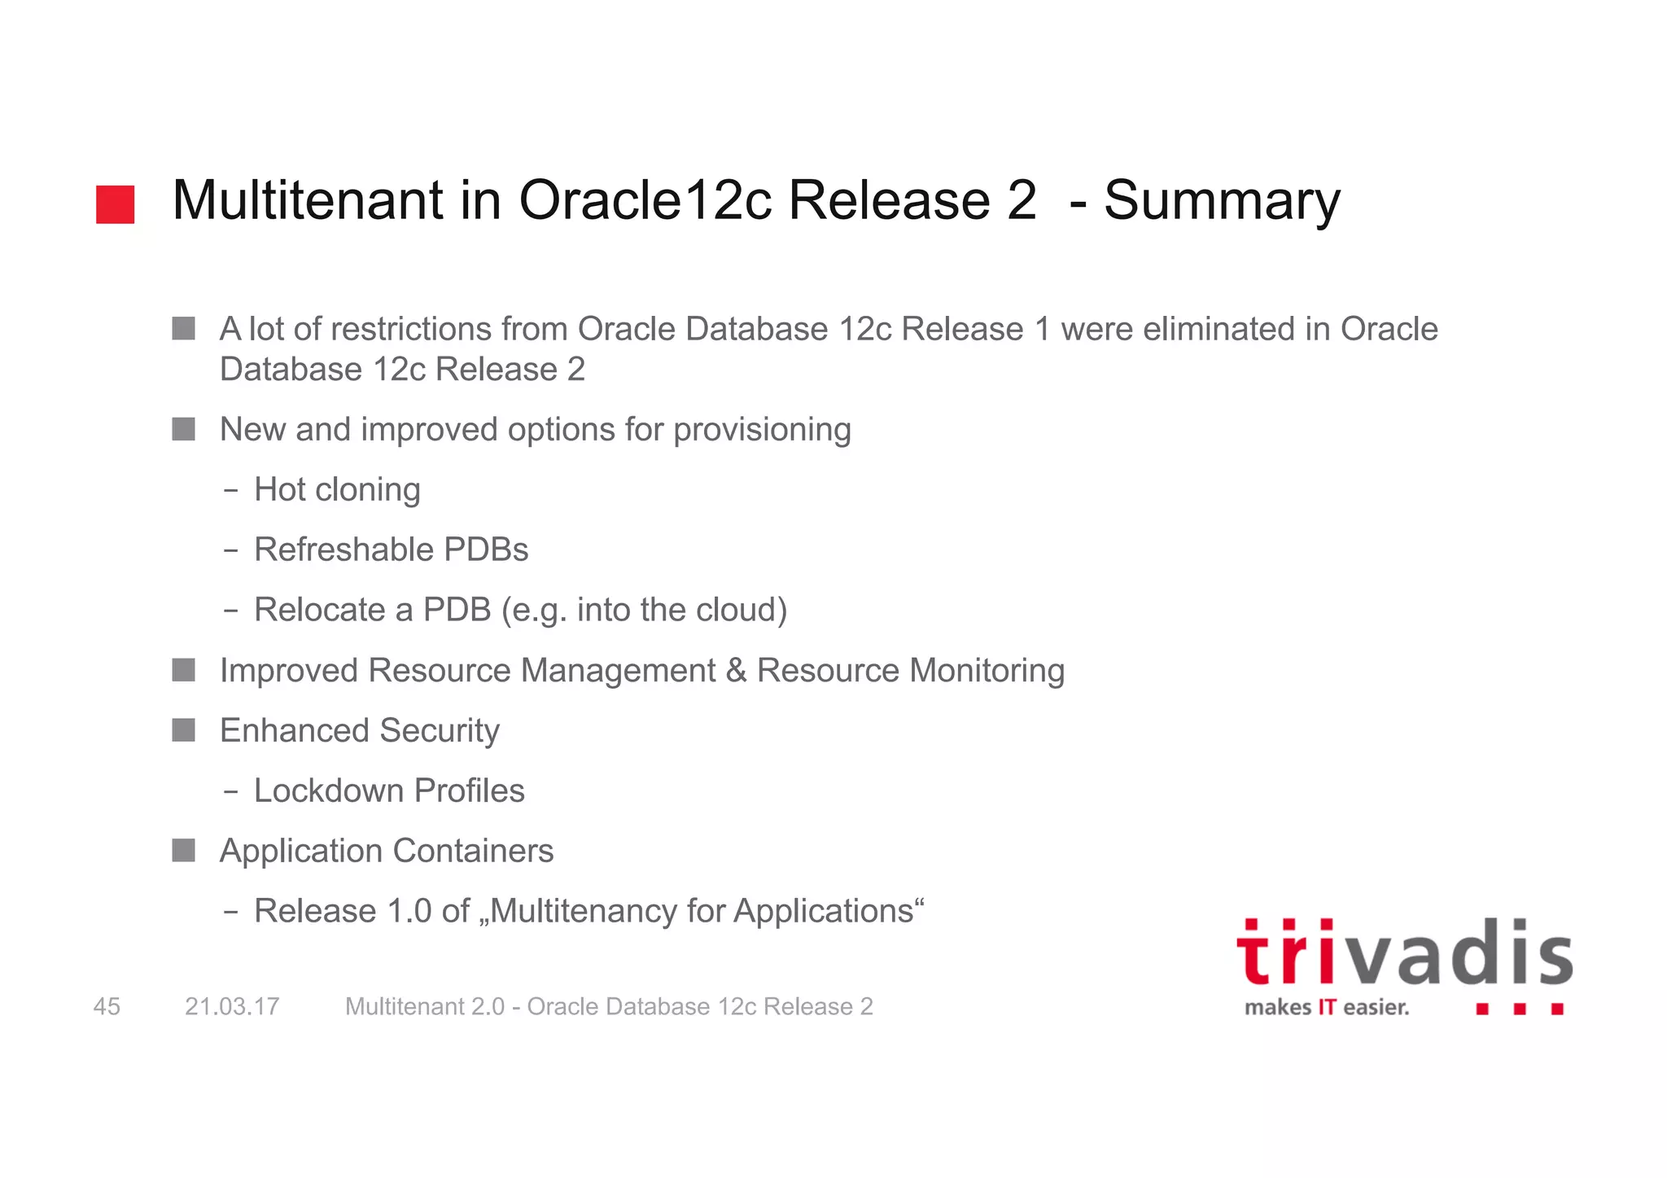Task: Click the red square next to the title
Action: (x=115, y=204)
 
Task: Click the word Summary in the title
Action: (x=1221, y=200)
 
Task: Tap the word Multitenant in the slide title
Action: (x=308, y=200)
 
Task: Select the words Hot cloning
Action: (x=337, y=490)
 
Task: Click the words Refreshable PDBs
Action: (x=391, y=550)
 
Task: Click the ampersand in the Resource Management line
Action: (x=735, y=671)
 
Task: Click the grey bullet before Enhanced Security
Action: (x=184, y=730)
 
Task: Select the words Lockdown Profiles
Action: (x=389, y=791)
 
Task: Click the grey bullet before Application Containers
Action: (x=184, y=851)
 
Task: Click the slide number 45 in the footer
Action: (x=107, y=1007)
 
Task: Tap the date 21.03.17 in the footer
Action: (x=232, y=1007)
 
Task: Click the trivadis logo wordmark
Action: (x=1404, y=954)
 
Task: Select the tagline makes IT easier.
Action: (x=1326, y=1008)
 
